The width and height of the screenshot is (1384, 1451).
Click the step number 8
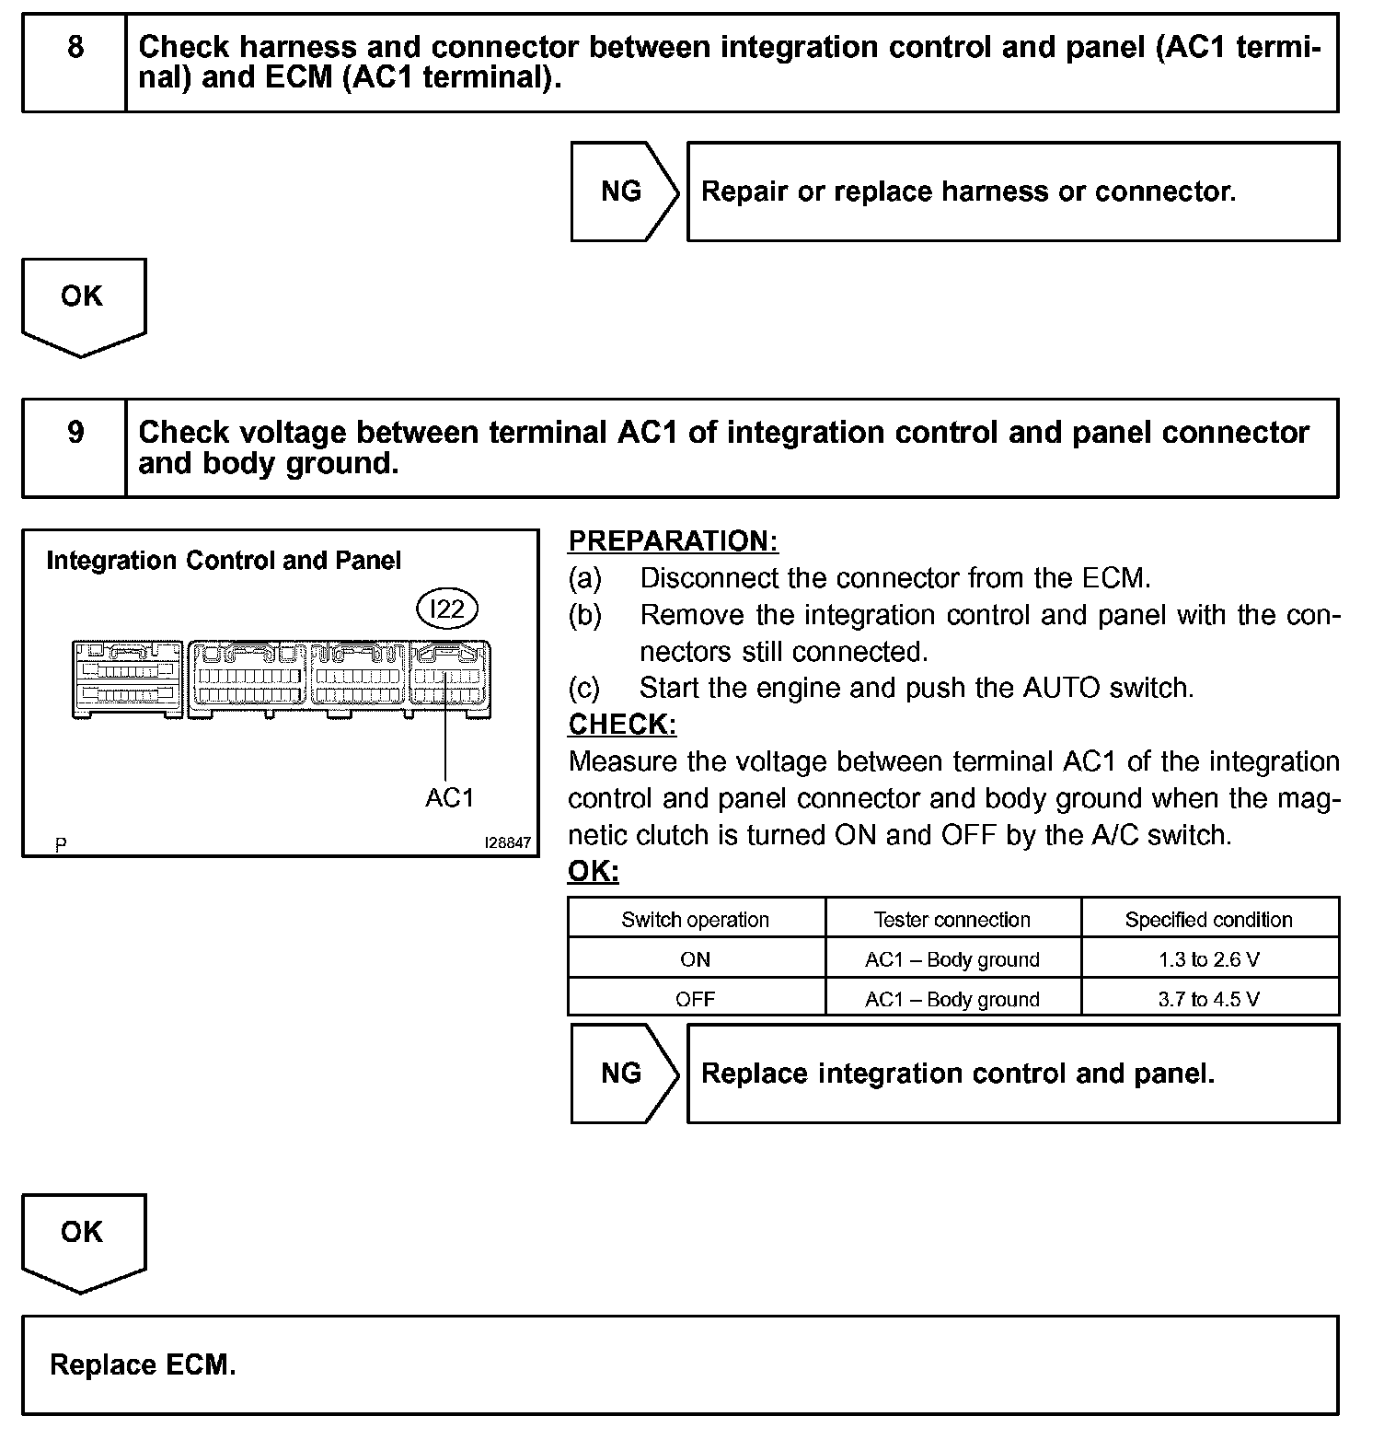pos(75,46)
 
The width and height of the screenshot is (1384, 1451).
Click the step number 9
pos(75,432)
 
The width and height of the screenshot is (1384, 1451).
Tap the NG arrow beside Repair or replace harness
pos(622,192)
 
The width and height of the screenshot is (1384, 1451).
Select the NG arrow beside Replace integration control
pos(622,1074)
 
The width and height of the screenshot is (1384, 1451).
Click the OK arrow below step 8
pos(83,304)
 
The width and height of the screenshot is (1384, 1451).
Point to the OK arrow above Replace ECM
pos(83,1239)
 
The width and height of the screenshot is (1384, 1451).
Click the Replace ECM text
pos(143,1364)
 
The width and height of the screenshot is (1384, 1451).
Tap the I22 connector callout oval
pos(447,609)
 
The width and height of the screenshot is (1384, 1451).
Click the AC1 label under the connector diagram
pos(449,798)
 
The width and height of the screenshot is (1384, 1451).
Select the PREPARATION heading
pos(673,541)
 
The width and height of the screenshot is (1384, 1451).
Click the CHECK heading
pos(622,725)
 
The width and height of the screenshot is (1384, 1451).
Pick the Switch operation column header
pos(696,920)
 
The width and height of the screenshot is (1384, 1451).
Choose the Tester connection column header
pos(952,920)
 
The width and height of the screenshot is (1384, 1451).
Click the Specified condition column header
pos(1209,920)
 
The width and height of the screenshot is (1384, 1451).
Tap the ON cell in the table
pos(696,959)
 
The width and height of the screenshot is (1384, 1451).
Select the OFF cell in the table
pos(696,999)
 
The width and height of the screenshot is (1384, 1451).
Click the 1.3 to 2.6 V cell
pos(1209,959)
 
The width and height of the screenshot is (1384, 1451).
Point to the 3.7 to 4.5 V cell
pos(1209,999)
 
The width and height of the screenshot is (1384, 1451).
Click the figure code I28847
pos(509,842)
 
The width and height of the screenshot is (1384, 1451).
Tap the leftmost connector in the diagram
pos(127,679)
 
